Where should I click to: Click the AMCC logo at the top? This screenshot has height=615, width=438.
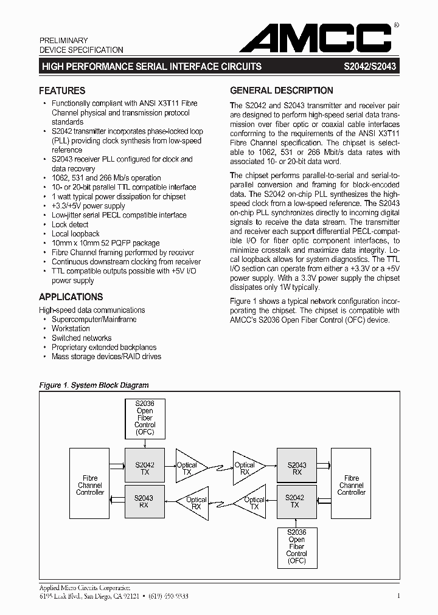point(315,38)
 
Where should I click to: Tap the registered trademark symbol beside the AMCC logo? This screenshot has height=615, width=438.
point(397,26)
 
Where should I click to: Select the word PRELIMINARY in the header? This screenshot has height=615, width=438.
point(64,40)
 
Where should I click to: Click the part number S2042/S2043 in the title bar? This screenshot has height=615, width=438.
point(370,66)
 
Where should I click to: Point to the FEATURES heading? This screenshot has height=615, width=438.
point(62,91)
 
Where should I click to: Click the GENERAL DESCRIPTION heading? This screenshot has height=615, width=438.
point(281,91)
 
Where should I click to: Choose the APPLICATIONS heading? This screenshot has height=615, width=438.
point(71,297)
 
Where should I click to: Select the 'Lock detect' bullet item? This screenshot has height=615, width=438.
point(70,225)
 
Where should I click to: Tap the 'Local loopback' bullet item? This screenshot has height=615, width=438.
point(75,234)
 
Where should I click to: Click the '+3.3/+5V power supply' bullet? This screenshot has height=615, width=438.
point(88,206)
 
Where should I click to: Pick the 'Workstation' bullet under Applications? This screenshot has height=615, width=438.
point(71,329)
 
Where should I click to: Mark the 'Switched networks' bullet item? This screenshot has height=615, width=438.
point(82,338)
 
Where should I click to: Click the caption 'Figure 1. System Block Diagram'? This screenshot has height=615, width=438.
point(94,385)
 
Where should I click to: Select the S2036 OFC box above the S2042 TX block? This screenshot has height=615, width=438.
point(144,418)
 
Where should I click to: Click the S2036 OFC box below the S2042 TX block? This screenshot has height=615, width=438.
point(296,546)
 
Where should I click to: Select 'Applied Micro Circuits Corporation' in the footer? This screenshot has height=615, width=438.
point(85,588)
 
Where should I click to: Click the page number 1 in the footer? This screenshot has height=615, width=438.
point(398,597)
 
